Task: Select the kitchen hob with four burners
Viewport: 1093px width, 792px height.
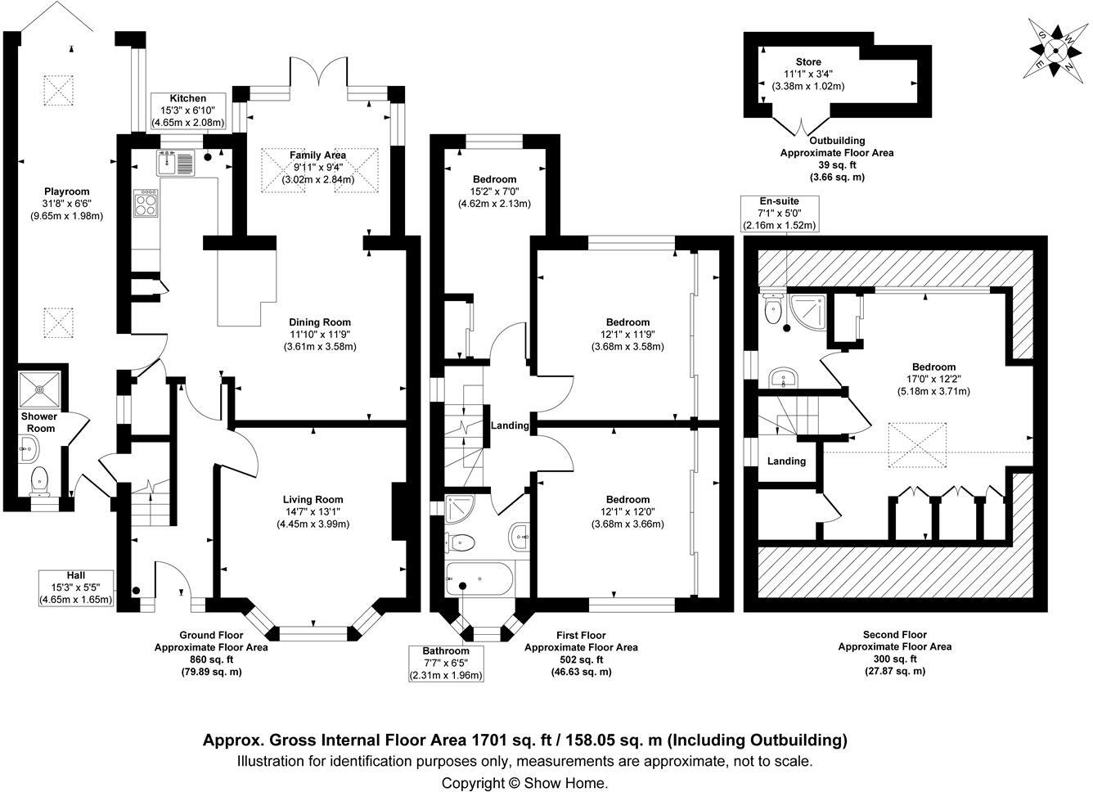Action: (x=146, y=204)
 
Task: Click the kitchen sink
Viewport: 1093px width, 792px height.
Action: (x=176, y=164)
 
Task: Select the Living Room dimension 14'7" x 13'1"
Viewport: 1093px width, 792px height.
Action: (x=313, y=512)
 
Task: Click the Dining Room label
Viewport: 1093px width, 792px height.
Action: (x=319, y=322)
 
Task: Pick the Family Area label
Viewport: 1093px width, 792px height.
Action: (x=317, y=155)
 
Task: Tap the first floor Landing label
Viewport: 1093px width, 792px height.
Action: (x=510, y=425)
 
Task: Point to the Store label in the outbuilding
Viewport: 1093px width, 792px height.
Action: (x=808, y=62)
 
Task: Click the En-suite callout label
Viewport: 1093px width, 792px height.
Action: (x=779, y=200)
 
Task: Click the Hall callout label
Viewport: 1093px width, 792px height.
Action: (x=75, y=575)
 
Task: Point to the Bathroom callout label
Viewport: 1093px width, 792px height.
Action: (x=447, y=651)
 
